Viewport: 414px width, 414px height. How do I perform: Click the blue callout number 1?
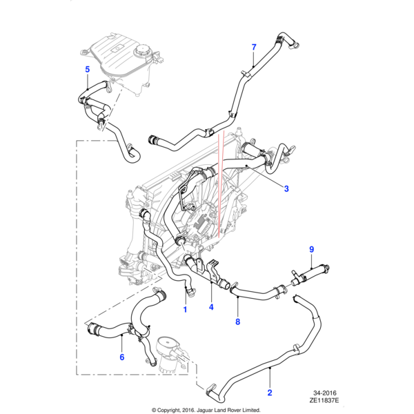pyautogui.click(x=185, y=310)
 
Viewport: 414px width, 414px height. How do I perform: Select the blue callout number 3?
pyautogui.click(x=286, y=188)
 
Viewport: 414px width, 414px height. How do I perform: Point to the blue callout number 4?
pyautogui.click(x=211, y=308)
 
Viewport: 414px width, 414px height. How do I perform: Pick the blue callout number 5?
pyautogui.click(x=87, y=69)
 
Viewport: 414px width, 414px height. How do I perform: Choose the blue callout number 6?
pyautogui.click(x=121, y=357)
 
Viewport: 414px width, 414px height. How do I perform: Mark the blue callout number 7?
pyautogui.click(x=253, y=47)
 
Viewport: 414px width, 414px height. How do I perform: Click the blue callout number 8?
pyautogui.click(x=237, y=322)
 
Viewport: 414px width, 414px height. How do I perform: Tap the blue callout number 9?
pyautogui.click(x=311, y=249)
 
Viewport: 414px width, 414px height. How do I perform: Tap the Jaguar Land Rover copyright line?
pyautogui.click(x=206, y=409)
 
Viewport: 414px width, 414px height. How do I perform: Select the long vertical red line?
pyautogui.click(x=219, y=186)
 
